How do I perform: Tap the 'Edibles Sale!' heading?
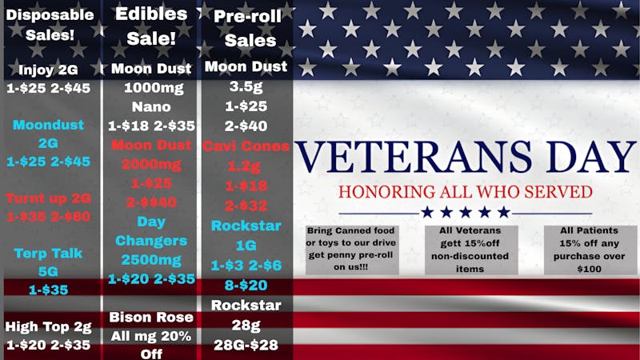tap(151, 25)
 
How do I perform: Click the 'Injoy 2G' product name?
tap(48, 70)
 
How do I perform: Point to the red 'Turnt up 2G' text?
tap(48, 198)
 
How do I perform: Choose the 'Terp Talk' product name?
tap(48, 253)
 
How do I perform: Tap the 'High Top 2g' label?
tap(48, 326)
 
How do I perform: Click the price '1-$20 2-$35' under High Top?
tap(48, 346)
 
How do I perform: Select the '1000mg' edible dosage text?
tap(151, 87)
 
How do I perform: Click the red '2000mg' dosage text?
tap(151, 164)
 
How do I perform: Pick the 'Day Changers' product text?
tap(151, 230)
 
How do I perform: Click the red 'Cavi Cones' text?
tap(246, 146)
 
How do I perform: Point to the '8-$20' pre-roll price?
tap(246, 286)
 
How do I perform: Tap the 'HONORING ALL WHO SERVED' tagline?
tap(465, 192)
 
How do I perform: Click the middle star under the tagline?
tap(465, 212)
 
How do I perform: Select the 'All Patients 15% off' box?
tap(590, 249)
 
